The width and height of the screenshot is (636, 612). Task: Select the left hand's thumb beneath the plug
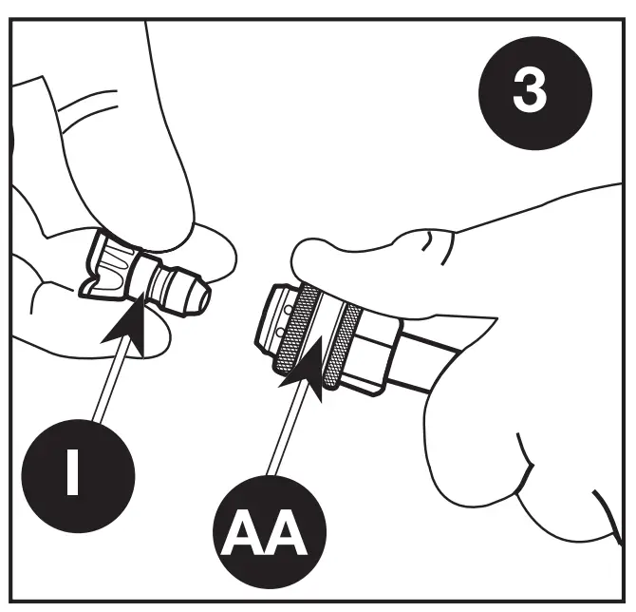(95, 318)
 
